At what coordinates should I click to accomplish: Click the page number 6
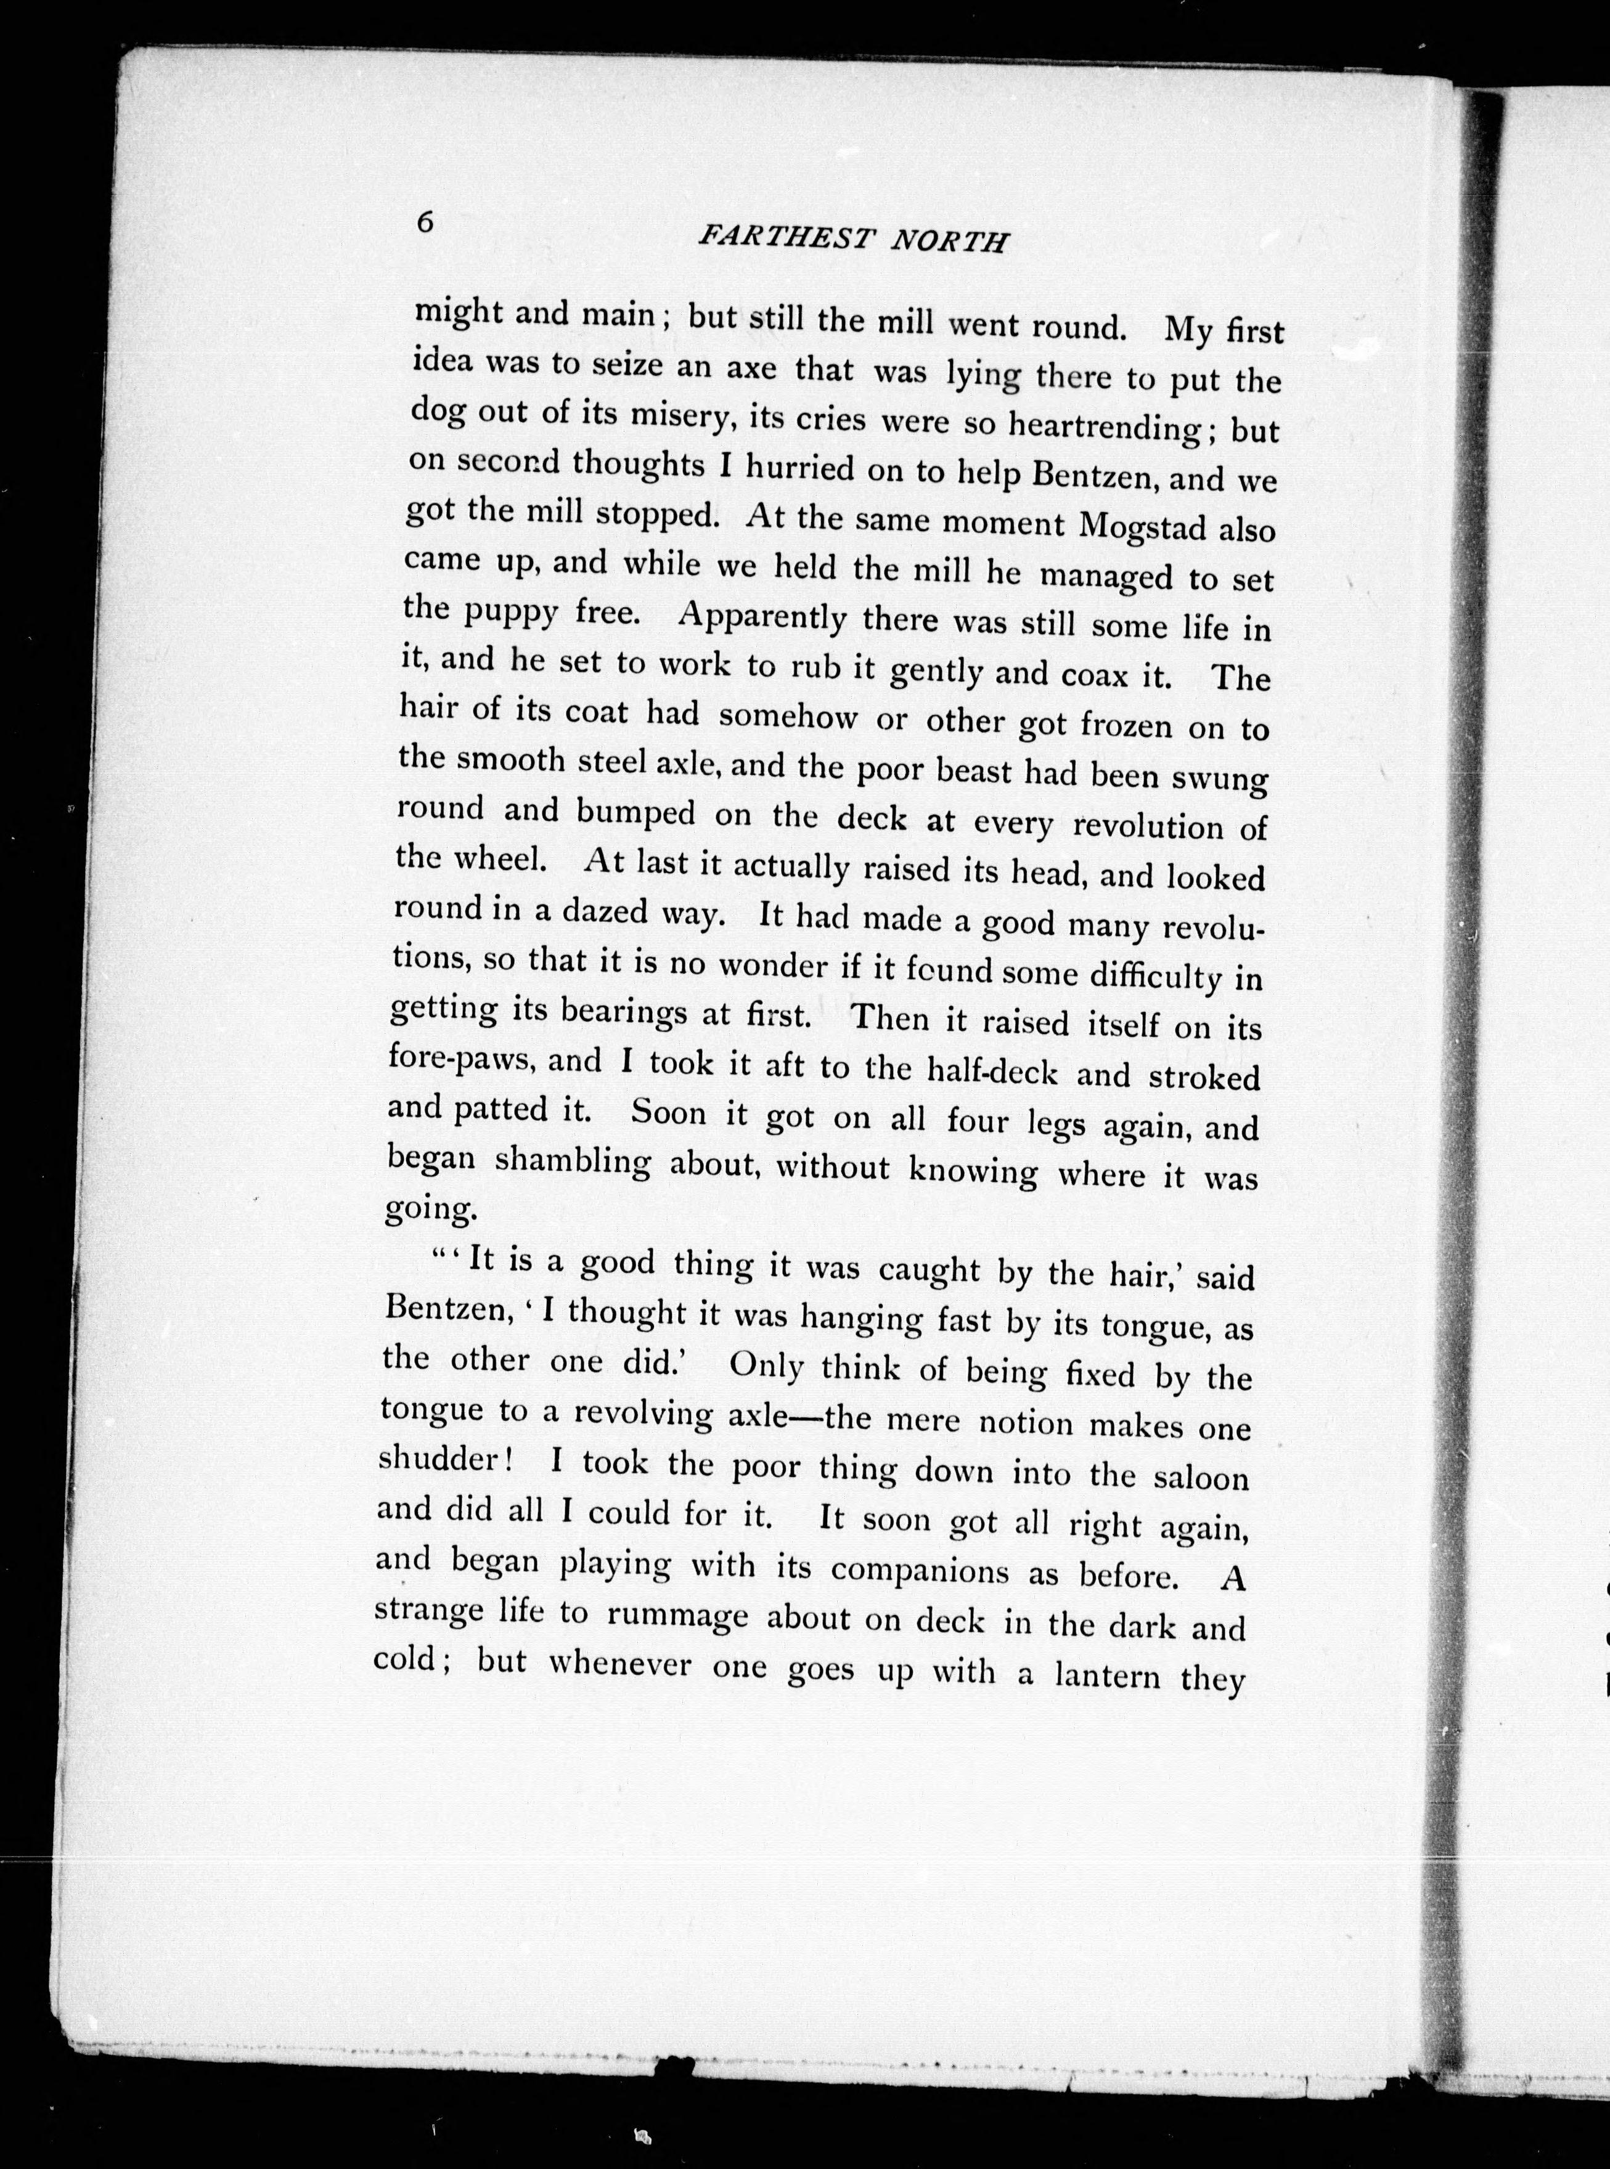point(424,222)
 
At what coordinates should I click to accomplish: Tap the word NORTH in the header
point(950,242)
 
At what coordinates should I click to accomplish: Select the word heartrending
point(1103,426)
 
